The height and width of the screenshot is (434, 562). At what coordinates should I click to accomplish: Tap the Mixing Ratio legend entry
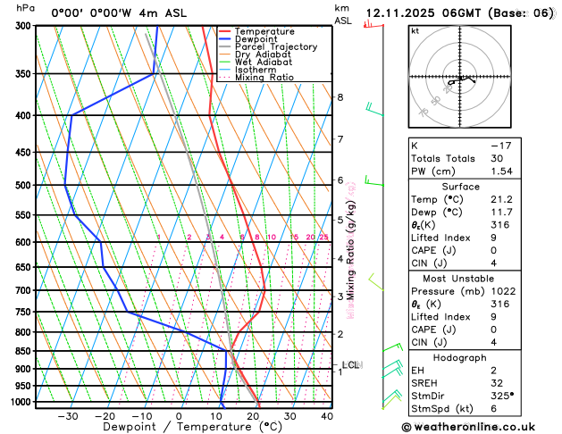(269, 78)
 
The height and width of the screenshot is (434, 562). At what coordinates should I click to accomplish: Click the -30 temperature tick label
(67, 416)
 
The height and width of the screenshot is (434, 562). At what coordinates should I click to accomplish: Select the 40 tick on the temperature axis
(327, 416)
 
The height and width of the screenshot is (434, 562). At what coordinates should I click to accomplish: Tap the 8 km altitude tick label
(340, 97)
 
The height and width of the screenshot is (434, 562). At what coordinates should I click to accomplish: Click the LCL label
(351, 364)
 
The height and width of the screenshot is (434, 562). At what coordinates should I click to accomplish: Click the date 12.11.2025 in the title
(406, 13)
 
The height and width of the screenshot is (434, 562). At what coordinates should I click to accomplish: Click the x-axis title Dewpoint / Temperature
(165, 428)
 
